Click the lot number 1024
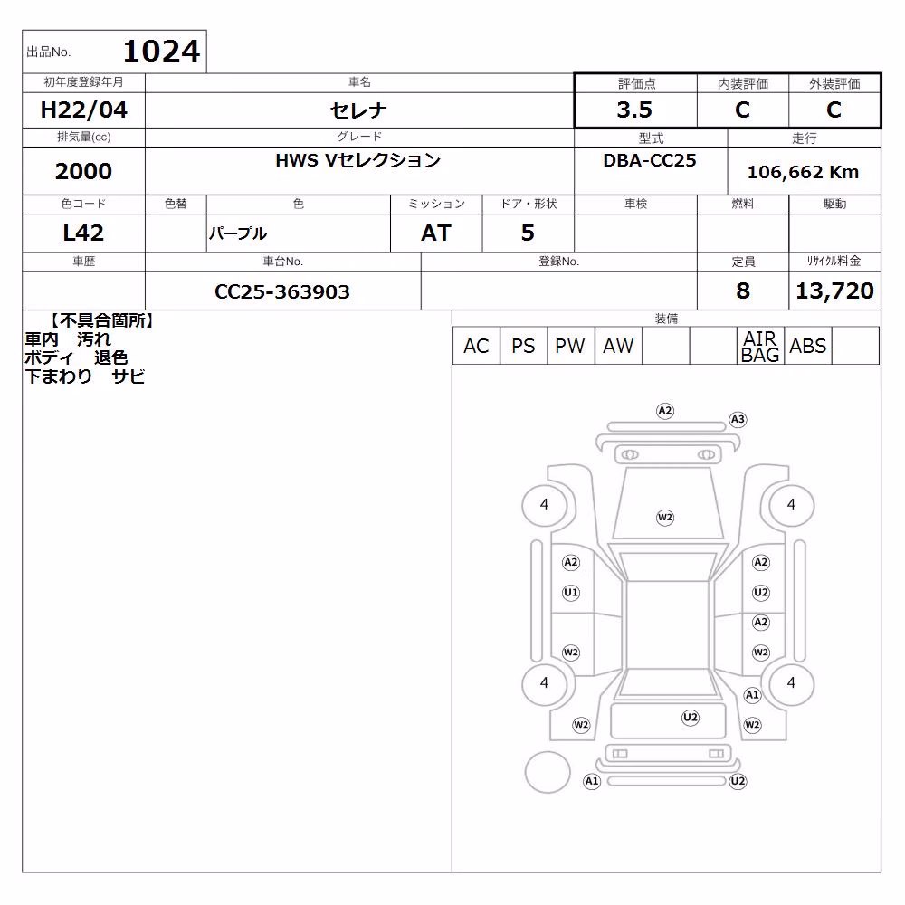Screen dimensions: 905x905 [x=162, y=51]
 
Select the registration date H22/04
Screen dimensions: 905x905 [x=83, y=110]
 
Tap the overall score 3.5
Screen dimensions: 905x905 [x=634, y=110]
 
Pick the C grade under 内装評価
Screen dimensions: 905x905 [x=742, y=110]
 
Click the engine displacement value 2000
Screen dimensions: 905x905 [x=83, y=171]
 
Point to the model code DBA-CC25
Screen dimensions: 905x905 [x=650, y=160]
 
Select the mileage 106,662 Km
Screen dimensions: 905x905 [x=803, y=172]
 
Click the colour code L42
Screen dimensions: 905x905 [x=83, y=233]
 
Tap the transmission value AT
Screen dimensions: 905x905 [x=436, y=233]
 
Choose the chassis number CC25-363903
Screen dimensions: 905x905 [x=282, y=291]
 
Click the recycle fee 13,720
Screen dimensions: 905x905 [x=834, y=291]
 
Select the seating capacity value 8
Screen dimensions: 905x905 [x=743, y=291]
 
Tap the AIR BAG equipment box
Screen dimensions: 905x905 [x=760, y=346]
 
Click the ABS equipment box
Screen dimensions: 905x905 [x=807, y=346]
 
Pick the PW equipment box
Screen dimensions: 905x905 [x=570, y=346]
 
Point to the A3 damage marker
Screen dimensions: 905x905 [x=738, y=420]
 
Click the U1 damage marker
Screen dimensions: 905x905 [x=571, y=593]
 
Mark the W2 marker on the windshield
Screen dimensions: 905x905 [x=665, y=518]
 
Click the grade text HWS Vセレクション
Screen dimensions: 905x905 [x=358, y=160]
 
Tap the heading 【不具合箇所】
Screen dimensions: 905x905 [x=101, y=320]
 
